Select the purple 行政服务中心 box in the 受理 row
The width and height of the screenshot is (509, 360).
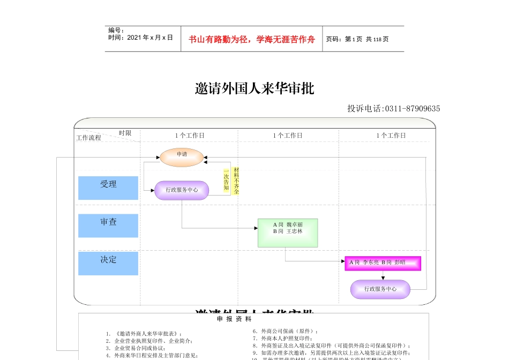[182, 190]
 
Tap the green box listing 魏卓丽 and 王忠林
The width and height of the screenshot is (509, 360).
[288, 232]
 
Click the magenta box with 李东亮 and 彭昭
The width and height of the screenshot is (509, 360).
[383, 263]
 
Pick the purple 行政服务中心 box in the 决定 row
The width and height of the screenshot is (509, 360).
[380, 289]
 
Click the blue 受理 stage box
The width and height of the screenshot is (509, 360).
[108, 187]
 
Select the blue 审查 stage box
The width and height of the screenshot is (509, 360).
[108, 225]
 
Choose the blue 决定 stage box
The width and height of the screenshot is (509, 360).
[108, 263]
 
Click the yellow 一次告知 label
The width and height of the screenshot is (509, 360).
[226, 181]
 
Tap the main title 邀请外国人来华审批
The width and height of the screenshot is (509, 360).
[254, 88]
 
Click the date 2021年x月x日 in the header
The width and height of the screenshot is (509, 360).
[140, 37]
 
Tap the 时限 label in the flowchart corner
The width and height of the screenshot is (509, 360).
[125, 133]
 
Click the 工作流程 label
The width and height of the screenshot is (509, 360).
[88, 138]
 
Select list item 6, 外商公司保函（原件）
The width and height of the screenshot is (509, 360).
[286, 331]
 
